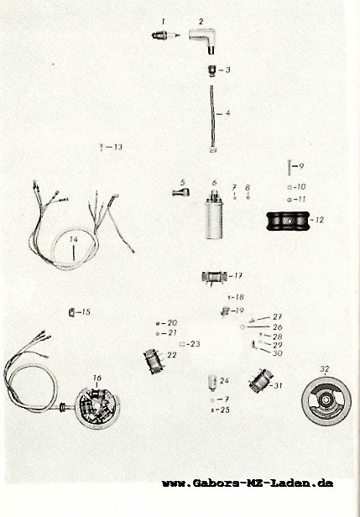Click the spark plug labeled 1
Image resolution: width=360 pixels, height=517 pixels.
tap(165, 35)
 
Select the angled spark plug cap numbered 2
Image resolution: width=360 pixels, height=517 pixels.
tap(203, 39)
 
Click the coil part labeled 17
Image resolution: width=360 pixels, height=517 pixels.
tap(214, 277)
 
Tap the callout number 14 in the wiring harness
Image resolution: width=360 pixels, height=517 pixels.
tap(74, 238)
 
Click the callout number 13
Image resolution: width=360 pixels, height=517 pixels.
tap(118, 147)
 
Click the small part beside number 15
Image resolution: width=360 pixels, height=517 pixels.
tap(70, 312)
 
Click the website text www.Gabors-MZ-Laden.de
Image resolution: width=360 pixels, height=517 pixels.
tap(248, 483)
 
